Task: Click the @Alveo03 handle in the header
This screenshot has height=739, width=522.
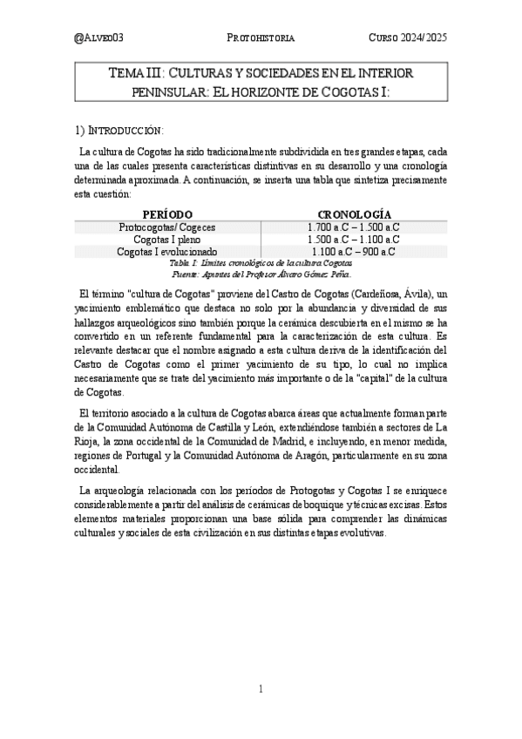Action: tap(98, 38)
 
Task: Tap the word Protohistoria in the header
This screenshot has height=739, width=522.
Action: tap(261, 38)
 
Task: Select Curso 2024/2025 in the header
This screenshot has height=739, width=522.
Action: tap(407, 38)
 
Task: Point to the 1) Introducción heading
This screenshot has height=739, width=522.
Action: tap(119, 131)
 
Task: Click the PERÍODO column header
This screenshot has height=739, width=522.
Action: tap(166, 214)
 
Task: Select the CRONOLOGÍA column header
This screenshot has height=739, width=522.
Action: tap(354, 214)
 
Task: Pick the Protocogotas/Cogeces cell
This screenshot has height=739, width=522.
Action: tap(167, 227)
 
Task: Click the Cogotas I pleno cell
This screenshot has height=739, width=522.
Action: tap(167, 240)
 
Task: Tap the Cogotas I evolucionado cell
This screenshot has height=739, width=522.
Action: tap(167, 252)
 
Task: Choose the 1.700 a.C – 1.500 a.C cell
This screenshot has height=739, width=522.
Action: tap(354, 227)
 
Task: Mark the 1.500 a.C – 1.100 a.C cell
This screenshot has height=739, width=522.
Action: tap(354, 240)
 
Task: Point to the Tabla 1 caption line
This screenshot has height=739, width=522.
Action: tap(261, 262)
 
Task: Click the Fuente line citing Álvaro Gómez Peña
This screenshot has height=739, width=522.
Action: tap(261, 273)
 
